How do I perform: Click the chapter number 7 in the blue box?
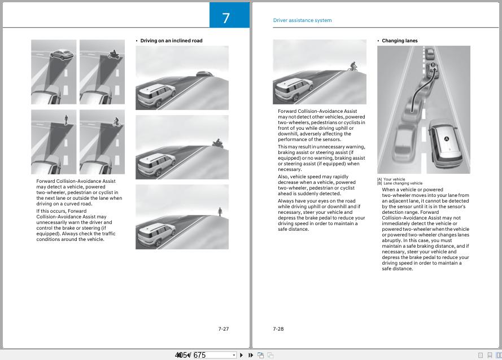(x=226, y=18)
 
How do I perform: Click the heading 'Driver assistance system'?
(x=302, y=20)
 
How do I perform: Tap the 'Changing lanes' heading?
(x=400, y=41)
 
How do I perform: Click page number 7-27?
(x=224, y=329)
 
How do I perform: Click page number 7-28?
(x=278, y=329)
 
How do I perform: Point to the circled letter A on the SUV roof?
(x=446, y=139)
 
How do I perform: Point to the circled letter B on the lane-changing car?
(x=433, y=65)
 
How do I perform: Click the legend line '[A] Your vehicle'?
(x=391, y=179)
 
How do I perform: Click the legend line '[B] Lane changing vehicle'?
(x=400, y=183)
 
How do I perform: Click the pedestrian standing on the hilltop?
(x=220, y=212)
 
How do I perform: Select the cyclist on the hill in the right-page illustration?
(x=353, y=67)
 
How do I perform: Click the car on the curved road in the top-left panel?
(x=62, y=55)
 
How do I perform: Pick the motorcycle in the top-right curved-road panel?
(x=112, y=55)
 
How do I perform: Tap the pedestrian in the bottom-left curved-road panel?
(x=66, y=120)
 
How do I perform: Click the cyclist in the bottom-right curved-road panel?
(x=116, y=121)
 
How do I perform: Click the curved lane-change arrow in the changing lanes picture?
(x=421, y=90)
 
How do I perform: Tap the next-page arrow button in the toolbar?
(x=241, y=355)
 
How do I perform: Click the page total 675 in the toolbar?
(x=199, y=355)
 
